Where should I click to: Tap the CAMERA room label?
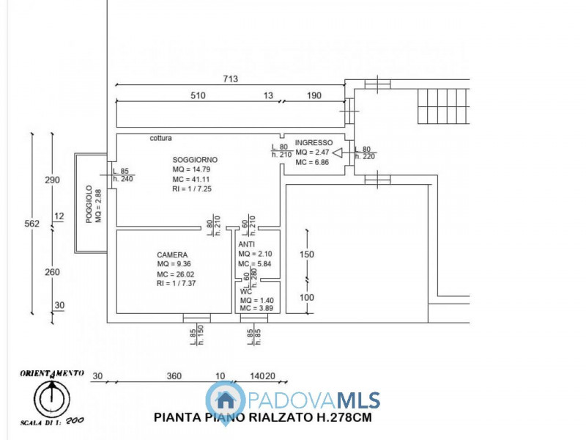point(172,254)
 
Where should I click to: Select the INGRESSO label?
point(314,142)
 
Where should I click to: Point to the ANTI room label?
point(246,244)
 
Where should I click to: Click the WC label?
point(246,291)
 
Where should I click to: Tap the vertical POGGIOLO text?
point(89,204)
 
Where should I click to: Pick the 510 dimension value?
point(198,95)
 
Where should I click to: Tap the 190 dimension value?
point(314,95)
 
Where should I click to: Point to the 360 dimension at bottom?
point(174,376)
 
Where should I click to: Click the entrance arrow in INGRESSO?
point(338,153)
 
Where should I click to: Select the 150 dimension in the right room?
point(308,254)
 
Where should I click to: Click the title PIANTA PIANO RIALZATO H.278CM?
point(263,418)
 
